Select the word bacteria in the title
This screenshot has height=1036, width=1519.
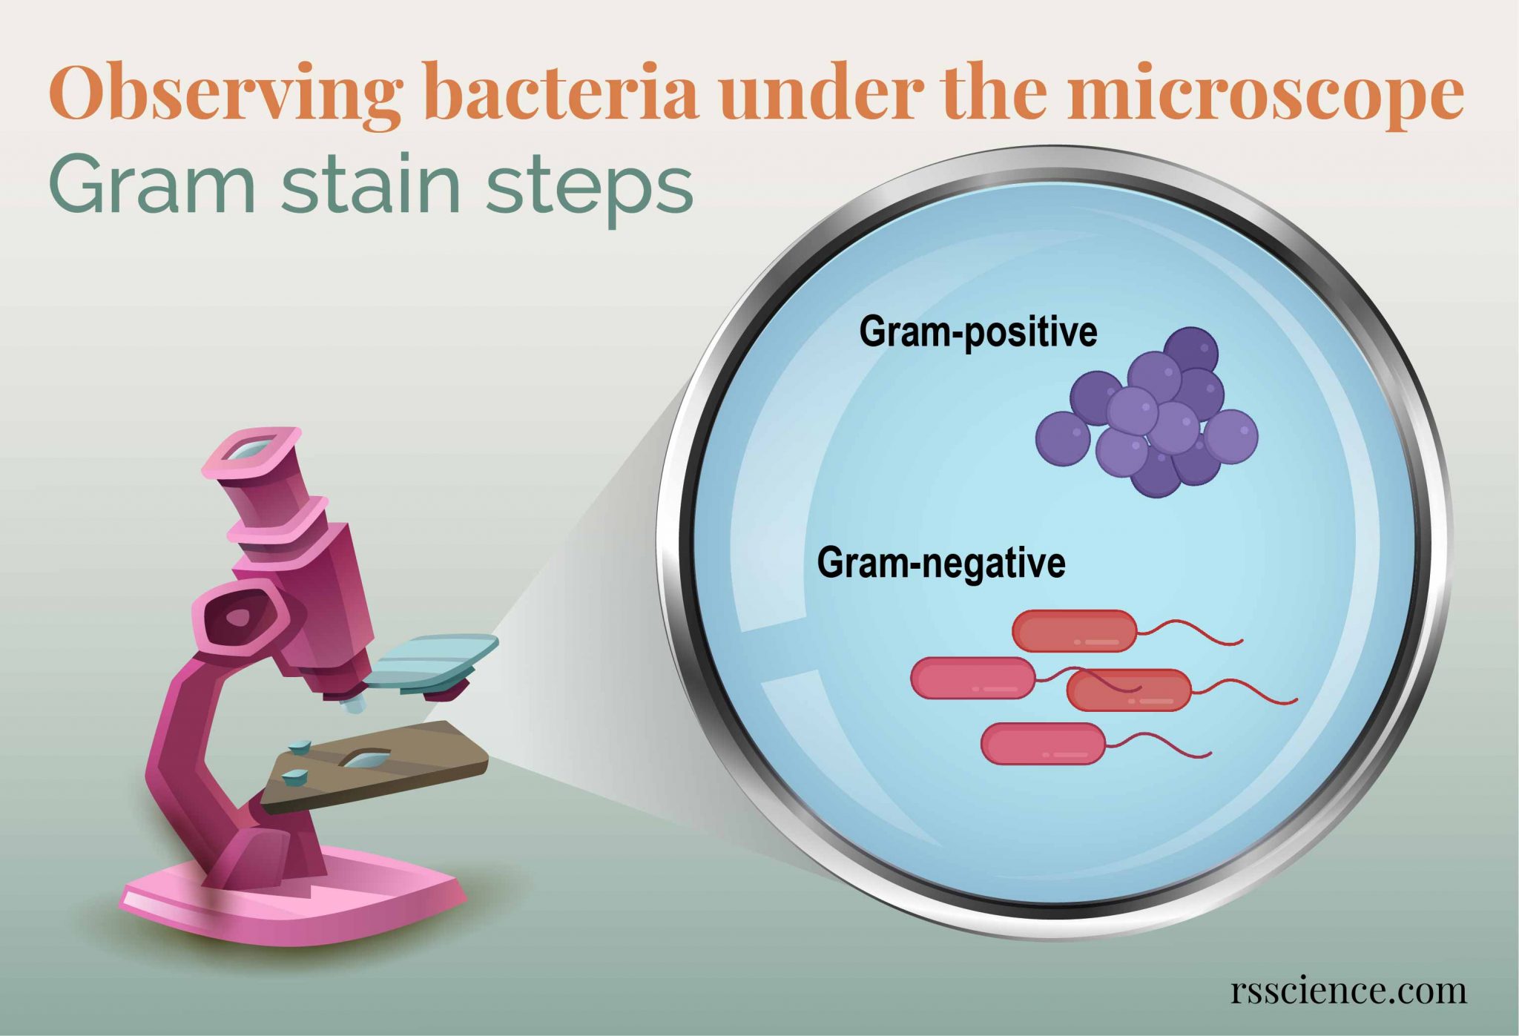point(561,93)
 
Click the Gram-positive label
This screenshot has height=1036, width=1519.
point(978,331)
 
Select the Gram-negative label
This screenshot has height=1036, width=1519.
point(940,563)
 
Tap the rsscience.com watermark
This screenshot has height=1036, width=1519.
point(1348,991)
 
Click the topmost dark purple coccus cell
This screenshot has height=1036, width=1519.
point(1190,350)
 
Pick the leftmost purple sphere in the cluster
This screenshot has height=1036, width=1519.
point(1062,438)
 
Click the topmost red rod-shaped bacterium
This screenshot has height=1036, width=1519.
point(1074,631)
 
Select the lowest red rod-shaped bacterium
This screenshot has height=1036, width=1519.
point(1043,744)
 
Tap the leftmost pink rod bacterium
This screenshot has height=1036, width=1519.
point(972,678)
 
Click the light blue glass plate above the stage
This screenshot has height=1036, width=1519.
point(430,660)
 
